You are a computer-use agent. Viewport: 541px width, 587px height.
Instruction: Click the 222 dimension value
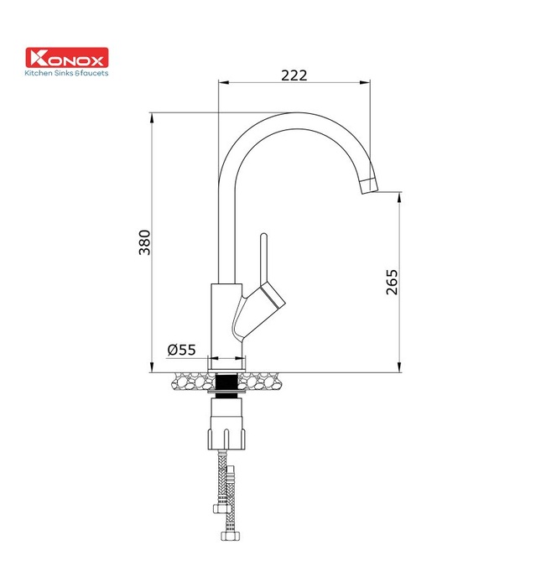(294, 75)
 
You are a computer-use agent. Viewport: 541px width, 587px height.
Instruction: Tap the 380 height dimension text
(143, 242)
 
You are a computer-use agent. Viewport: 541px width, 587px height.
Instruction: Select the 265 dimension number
(393, 283)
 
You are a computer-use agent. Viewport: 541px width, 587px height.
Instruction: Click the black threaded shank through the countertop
(226, 382)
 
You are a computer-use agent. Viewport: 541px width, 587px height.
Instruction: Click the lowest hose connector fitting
(226, 531)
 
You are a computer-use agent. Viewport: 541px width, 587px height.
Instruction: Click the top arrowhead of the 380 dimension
(151, 117)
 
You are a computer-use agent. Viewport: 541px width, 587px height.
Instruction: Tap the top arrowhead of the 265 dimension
(398, 195)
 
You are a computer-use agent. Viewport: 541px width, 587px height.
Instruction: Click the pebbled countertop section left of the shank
(191, 382)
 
